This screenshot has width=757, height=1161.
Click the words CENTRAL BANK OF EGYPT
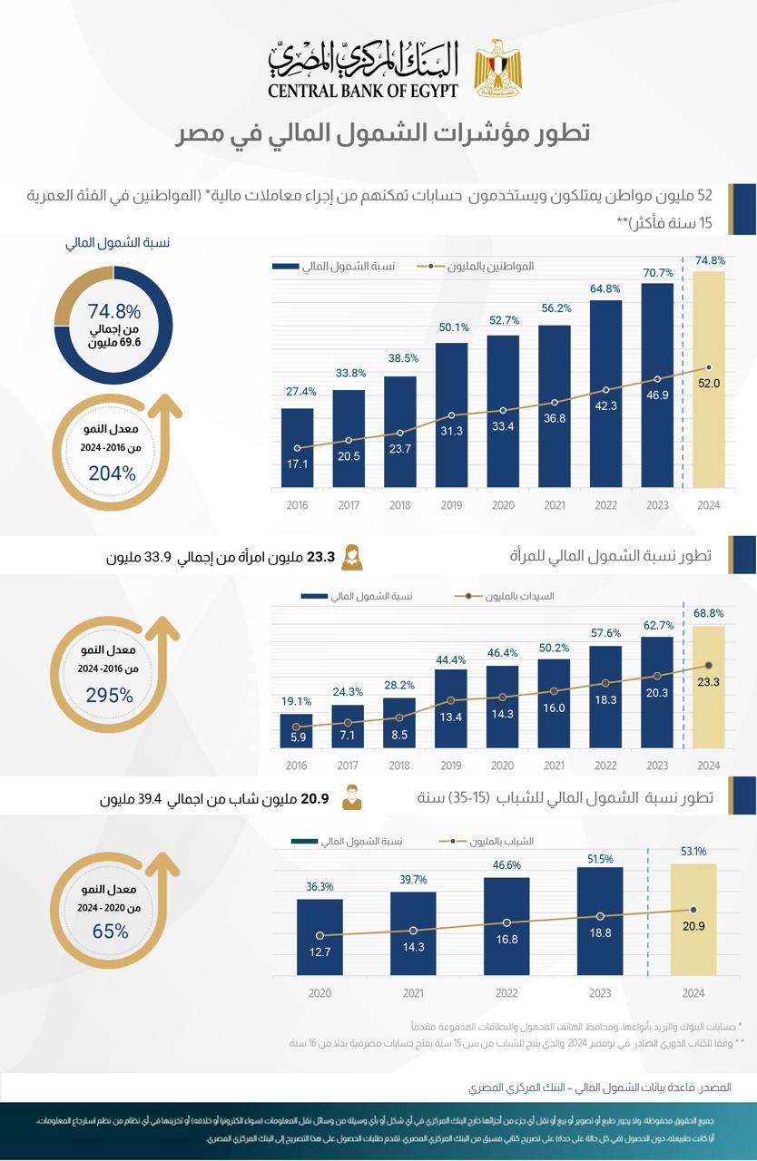pos(363,90)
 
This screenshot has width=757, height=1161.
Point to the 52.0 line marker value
pos(709,384)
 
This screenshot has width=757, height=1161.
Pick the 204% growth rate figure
pos(112,473)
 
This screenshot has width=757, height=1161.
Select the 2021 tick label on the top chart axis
pos(554,506)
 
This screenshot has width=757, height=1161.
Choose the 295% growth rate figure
pos(110,696)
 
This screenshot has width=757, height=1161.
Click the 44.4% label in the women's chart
pos(451,659)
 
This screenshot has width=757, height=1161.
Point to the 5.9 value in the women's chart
pos(298,738)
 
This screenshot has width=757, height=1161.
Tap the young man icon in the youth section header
pos(351,799)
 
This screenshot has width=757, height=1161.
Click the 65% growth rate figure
pos(110,931)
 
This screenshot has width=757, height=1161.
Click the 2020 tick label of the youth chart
pos(320,994)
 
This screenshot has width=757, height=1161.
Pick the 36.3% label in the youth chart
pos(320,887)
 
